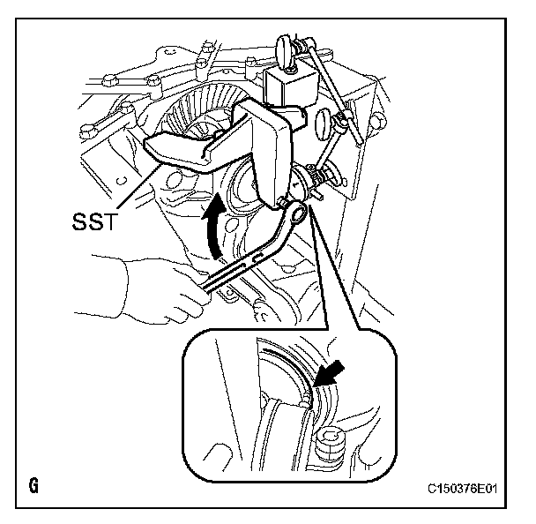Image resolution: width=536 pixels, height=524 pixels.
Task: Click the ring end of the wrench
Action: point(294,213)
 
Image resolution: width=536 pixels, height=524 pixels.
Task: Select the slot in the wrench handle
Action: point(238,268)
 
